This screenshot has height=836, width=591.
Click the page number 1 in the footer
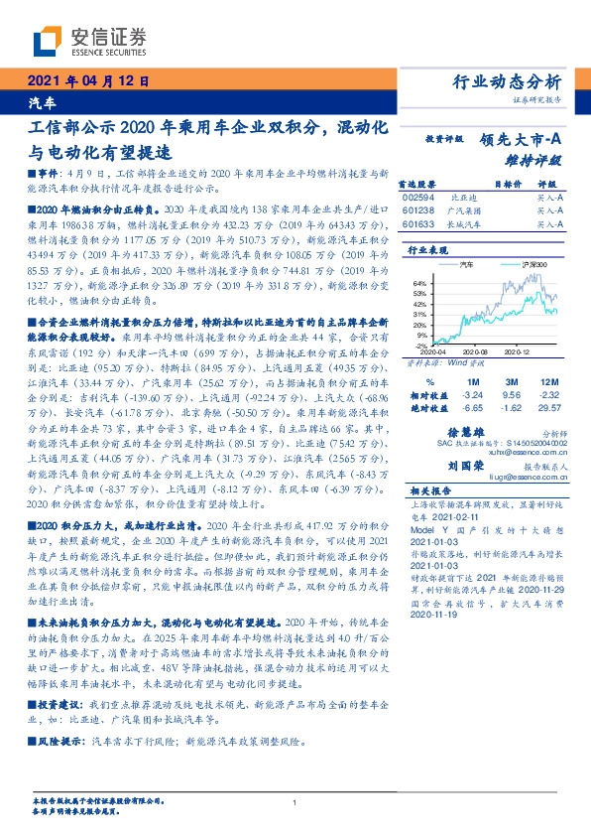(295, 804)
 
